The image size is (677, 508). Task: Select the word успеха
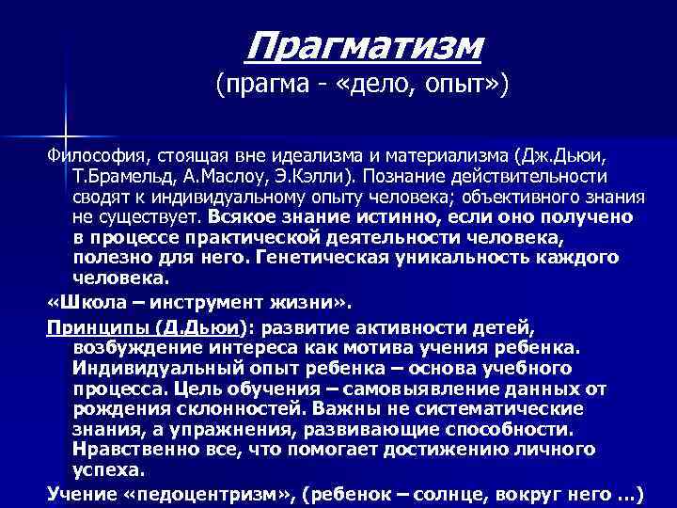[107, 469]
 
